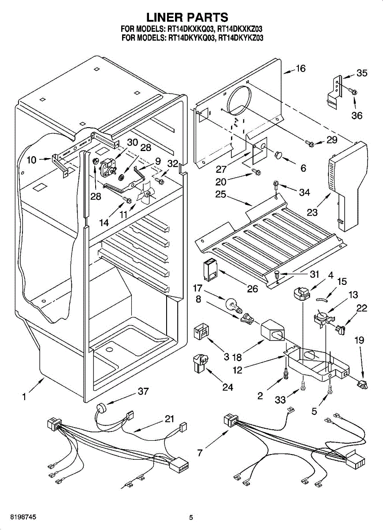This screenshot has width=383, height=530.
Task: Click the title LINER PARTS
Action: pyautogui.click(x=187, y=17)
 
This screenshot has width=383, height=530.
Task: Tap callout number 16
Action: pyautogui.click(x=301, y=69)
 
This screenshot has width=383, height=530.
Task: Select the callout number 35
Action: pyautogui.click(x=361, y=73)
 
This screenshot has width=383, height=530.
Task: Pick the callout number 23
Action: pyautogui.click(x=312, y=212)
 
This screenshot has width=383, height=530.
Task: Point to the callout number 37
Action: pyautogui.click(x=143, y=391)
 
